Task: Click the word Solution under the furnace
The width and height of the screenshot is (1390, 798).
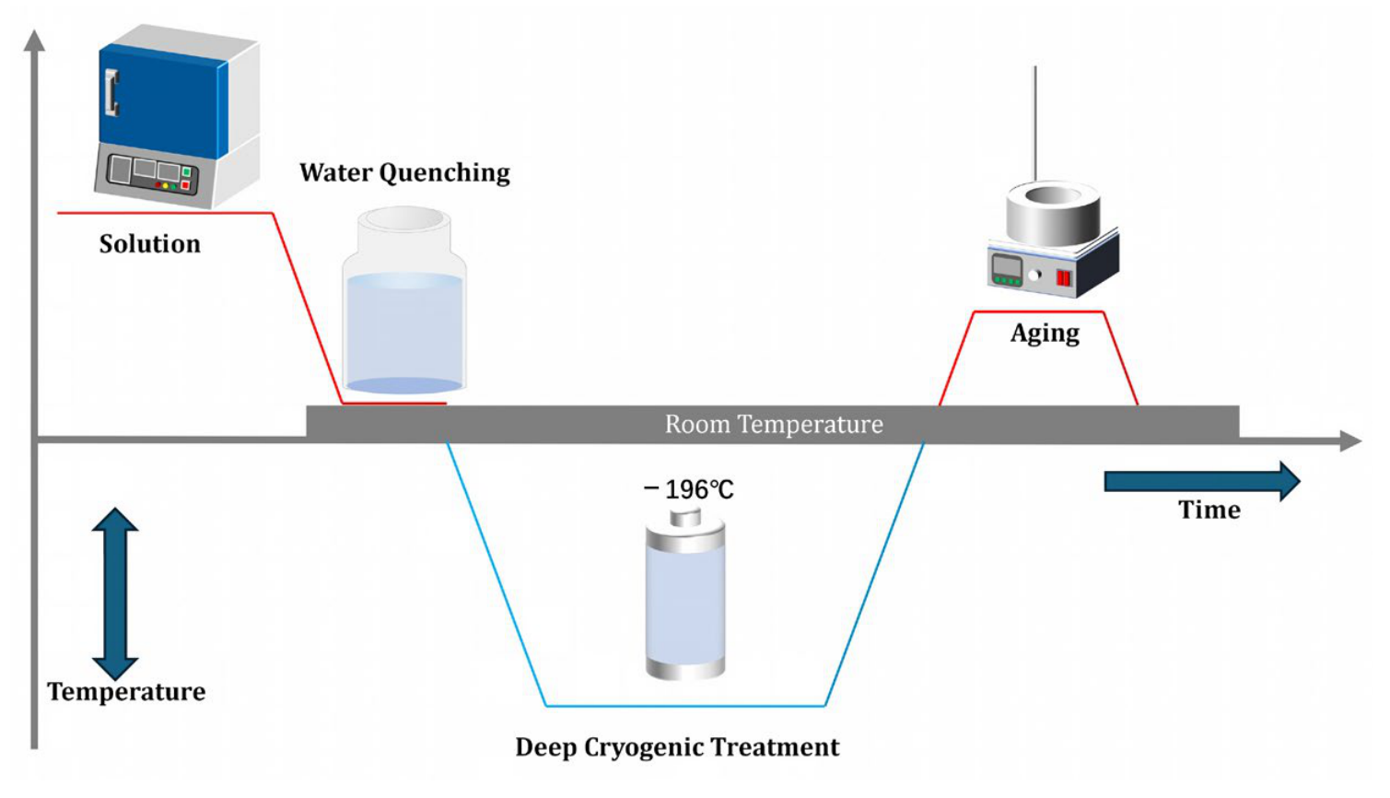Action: [150, 244]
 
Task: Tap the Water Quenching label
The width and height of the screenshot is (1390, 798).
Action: [404, 173]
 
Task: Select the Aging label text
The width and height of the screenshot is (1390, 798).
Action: [1045, 334]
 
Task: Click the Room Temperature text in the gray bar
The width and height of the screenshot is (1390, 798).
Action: [774, 425]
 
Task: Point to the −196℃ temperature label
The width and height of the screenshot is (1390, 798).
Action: [689, 489]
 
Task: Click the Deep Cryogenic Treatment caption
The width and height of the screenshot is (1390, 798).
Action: [677, 747]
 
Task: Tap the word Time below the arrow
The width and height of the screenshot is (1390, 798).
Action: [1209, 510]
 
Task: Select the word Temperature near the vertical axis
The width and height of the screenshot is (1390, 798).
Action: [126, 691]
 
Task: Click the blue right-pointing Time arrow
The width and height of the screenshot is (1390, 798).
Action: [1202, 481]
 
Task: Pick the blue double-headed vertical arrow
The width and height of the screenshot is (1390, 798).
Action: [115, 593]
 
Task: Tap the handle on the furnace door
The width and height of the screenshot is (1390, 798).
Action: [111, 93]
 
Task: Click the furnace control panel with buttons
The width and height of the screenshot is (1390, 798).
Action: [153, 174]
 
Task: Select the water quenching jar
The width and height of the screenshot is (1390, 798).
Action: [404, 301]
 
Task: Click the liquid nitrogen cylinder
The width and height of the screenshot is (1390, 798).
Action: [685, 593]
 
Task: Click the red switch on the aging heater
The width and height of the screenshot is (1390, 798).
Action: [1064, 278]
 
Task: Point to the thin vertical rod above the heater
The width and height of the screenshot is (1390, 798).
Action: [1034, 124]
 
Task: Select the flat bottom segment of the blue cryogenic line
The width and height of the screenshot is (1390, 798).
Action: [685, 706]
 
